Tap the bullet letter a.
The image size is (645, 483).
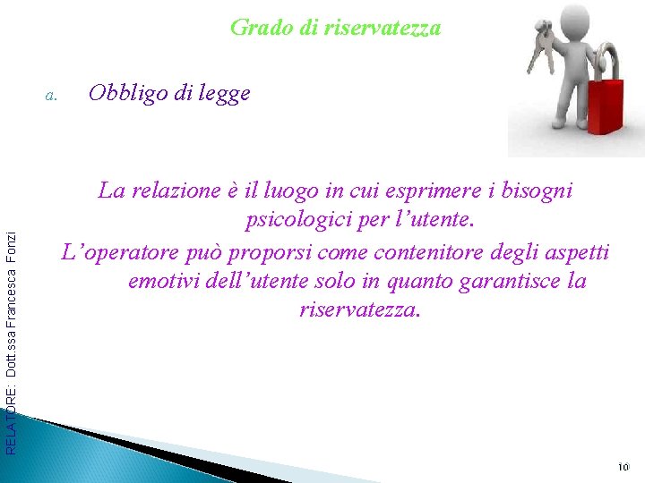pyautogui.click(x=51, y=94)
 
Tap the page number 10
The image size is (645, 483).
pyautogui.click(x=624, y=467)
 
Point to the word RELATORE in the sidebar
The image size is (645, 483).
pyautogui.click(x=11, y=421)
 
